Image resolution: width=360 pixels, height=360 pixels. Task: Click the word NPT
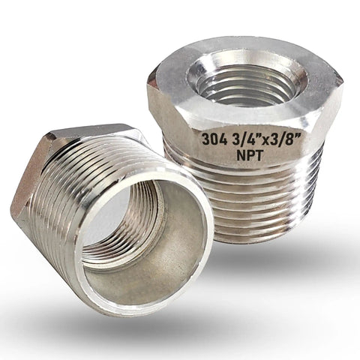pyautogui.click(x=250, y=155)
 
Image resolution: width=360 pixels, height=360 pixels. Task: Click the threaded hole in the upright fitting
pyautogui.click(x=247, y=82)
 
